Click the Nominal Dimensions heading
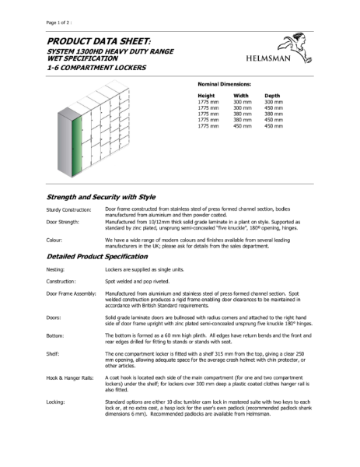pos(225,82)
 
